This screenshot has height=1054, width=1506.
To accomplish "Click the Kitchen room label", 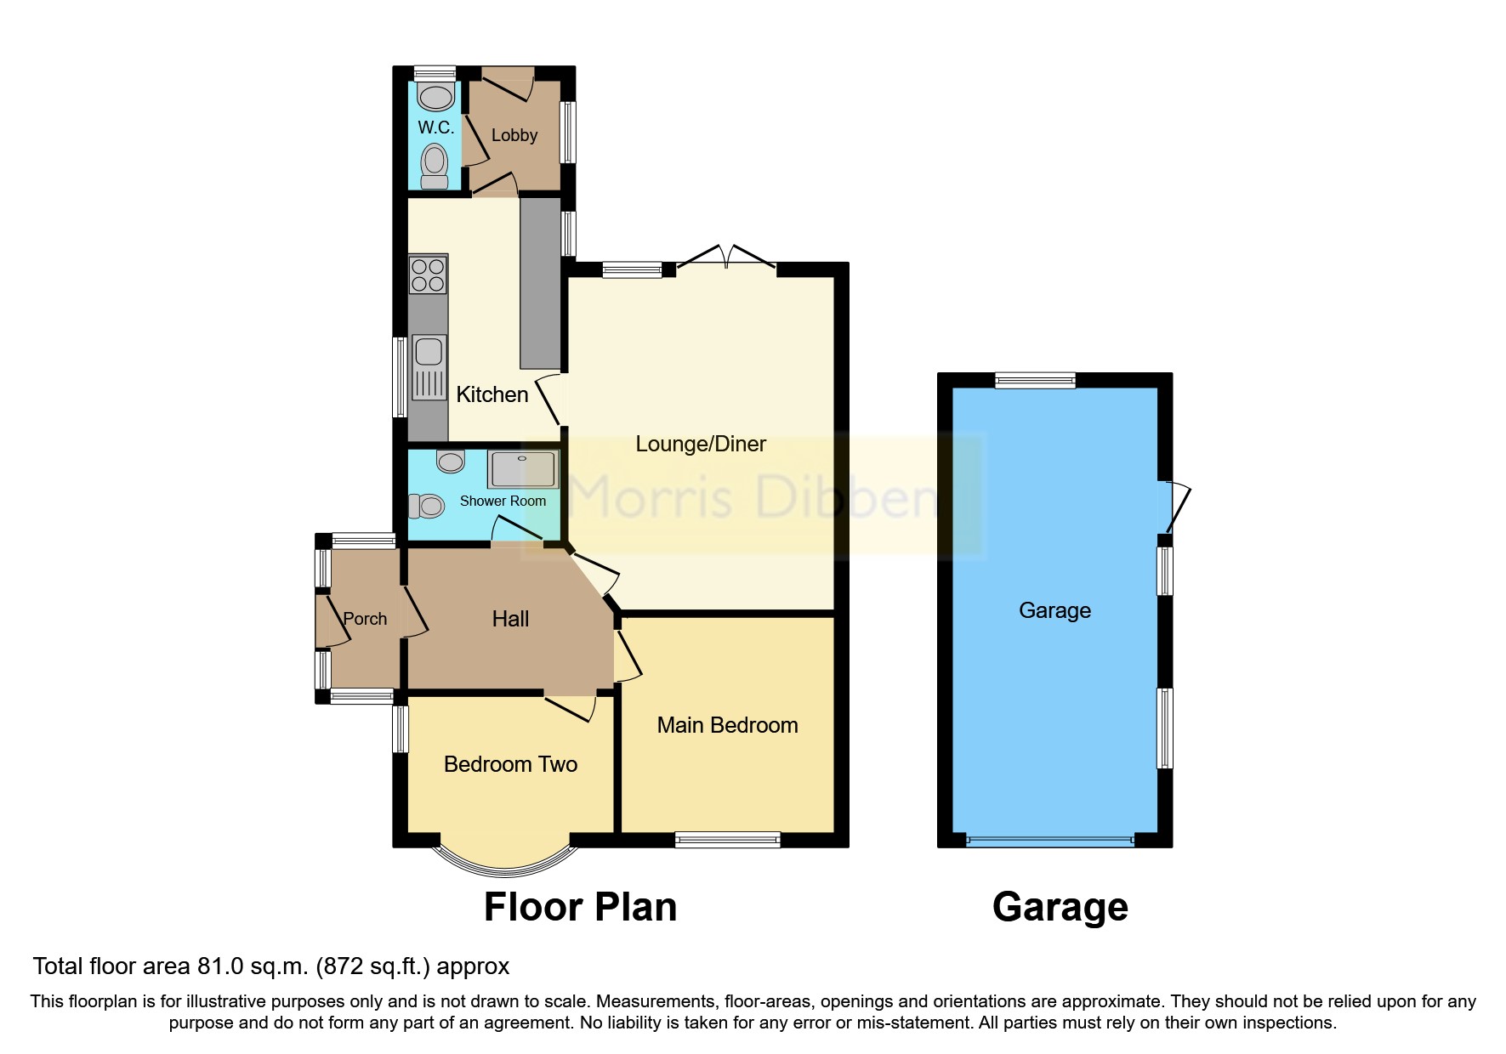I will pyautogui.click(x=492, y=394).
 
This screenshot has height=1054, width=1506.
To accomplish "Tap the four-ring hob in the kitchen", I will pyautogui.click(x=428, y=275).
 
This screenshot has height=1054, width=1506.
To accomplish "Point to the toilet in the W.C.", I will pyautogui.click(x=435, y=165).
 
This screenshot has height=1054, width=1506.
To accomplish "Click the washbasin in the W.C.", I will pyautogui.click(x=436, y=97).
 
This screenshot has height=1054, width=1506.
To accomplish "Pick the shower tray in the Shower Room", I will pyautogui.click(x=523, y=469).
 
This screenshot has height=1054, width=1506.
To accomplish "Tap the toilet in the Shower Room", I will pyautogui.click(x=427, y=507).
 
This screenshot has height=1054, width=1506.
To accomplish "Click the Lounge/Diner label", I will pyautogui.click(x=701, y=444).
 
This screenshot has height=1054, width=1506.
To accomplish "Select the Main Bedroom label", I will pyautogui.click(x=727, y=725).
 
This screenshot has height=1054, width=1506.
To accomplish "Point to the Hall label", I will pyautogui.click(x=510, y=619).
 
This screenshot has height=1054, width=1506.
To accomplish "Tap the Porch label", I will pyautogui.click(x=365, y=619).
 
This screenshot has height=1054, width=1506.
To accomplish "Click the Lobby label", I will pyautogui.click(x=514, y=135).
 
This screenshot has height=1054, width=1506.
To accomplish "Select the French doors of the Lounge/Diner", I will pyautogui.click(x=727, y=257).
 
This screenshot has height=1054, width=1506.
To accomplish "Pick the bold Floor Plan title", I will pyautogui.click(x=580, y=907).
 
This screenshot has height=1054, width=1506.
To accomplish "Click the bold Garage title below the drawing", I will pyautogui.click(x=1060, y=907).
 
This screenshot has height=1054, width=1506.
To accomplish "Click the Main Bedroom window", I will pyautogui.click(x=727, y=840).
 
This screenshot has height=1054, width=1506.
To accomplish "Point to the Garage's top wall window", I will pyautogui.click(x=1035, y=380).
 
